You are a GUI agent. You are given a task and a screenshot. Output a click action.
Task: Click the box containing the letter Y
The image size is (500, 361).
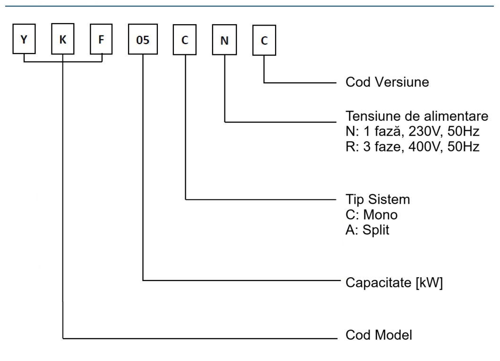tap(24, 40)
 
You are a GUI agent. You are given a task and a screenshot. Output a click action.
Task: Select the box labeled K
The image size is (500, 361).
tap(63, 40)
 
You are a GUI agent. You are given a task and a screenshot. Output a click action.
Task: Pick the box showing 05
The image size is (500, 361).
tap(142, 40)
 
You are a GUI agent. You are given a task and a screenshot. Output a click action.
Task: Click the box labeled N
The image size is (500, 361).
tap(224, 40)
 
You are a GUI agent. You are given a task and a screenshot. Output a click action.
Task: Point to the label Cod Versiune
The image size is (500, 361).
tap(387, 82)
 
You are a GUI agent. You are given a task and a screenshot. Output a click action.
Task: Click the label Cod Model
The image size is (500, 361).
tap(379, 335)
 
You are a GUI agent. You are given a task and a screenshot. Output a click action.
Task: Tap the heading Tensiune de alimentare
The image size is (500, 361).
tap(417, 116)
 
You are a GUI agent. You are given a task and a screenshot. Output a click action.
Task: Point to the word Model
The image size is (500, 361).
tap(396, 335)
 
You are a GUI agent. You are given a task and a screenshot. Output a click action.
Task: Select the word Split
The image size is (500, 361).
tap(376, 229)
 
